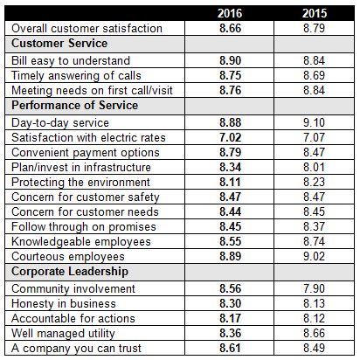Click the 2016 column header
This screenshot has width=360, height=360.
(x=230, y=13)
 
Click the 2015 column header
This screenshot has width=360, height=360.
(x=315, y=13)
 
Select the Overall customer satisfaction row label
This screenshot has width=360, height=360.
(x=87, y=29)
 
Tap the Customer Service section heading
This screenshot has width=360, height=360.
(x=59, y=44)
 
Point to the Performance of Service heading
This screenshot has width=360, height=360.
(x=75, y=106)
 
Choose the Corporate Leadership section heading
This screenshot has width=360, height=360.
(x=70, y=272)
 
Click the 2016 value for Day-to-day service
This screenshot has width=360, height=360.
(x=230, y=122)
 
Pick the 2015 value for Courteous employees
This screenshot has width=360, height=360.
(x=314, y=257)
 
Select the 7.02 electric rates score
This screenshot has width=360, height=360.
(x=230, y=137)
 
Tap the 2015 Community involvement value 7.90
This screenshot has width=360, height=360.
(x=314, y=288)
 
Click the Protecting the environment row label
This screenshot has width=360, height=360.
(x=80, y=183)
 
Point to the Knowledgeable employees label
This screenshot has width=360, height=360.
(x=81, y=242)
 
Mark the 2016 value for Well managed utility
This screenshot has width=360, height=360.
(x=230, y=333)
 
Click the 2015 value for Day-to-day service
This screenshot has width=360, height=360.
(x=314, y=122)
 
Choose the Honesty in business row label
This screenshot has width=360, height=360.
(x=64, y=304)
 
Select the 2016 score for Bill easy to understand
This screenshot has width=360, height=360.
(x=230, y=61)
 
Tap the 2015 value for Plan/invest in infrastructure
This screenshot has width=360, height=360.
(x=314, y=168)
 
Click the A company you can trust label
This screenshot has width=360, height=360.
(x=76, y=349)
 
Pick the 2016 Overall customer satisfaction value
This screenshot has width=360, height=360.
(x=230, y=29)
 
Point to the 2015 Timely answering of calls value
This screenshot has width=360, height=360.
(x=314, y=76)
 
